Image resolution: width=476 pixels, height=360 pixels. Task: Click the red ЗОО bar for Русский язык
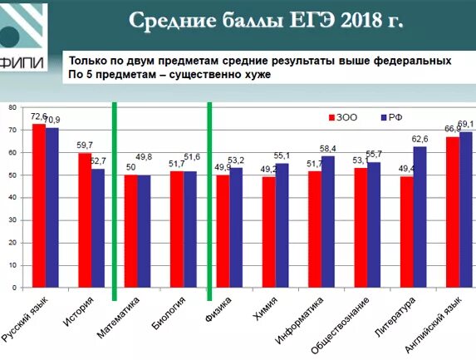click(38, 205)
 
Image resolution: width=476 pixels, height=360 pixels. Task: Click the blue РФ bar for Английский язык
click(465, 209)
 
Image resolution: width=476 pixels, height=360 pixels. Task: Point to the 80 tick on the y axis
click(12, 108)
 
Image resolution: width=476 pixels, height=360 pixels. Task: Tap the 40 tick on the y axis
click(12, 198)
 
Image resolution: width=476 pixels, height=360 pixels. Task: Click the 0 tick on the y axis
click(14, 288)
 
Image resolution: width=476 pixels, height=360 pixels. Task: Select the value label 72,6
click(39, 116)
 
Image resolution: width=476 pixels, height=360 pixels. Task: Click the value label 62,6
click(420, 139)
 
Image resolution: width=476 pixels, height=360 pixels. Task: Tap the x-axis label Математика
click(117, 320)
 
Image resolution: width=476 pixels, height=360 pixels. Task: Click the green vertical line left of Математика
click(114, 200)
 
